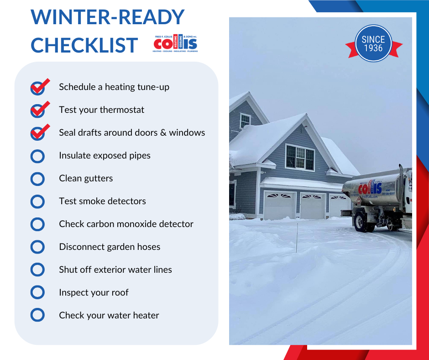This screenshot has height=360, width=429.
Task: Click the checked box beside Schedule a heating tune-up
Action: [38, 88]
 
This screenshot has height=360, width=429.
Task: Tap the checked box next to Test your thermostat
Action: [38, 111]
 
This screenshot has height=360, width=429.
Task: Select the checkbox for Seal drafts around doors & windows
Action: [38, 133]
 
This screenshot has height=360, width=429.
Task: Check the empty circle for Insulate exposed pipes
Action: [37, 156]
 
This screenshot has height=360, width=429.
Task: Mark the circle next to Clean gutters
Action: [37, 179]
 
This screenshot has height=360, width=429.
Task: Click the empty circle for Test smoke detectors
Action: [37, 201]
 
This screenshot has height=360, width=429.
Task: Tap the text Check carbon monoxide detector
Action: [126, 224]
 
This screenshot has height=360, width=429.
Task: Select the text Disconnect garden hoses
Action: [110, 247]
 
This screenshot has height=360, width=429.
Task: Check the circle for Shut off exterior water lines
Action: [37, 270]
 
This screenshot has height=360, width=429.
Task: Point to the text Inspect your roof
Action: [94, 292]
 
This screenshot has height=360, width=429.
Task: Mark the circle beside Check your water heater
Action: [37, 315]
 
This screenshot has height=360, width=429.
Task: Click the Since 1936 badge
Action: [373, 44]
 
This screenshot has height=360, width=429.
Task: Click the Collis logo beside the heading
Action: [176, 43]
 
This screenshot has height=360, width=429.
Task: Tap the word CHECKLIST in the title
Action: [84, 45]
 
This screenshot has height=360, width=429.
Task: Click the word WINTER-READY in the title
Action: [107, 17]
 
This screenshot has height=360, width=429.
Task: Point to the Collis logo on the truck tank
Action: [370, 187]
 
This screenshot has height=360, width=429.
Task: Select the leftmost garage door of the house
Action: [279, 206]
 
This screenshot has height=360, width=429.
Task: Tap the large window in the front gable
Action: [299, 157]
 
